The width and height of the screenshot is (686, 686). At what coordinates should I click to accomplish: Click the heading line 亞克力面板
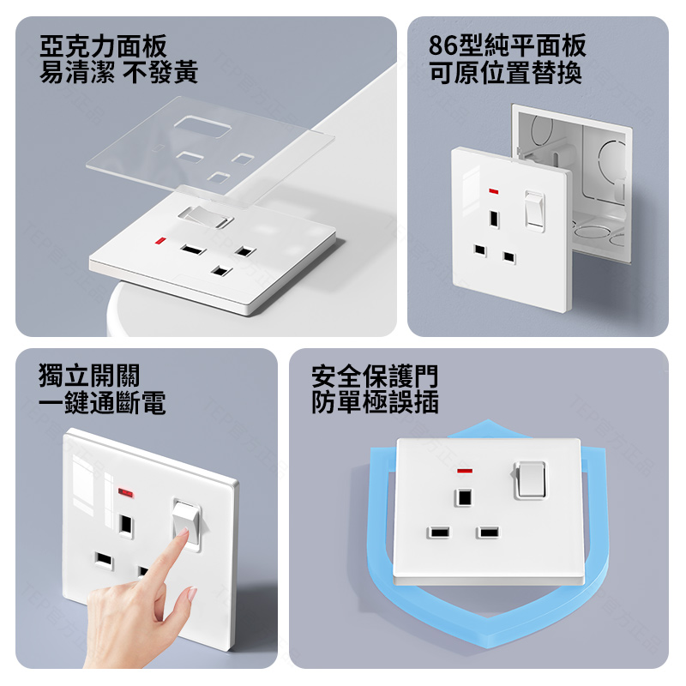103,46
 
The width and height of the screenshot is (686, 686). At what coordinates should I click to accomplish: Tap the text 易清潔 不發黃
118,72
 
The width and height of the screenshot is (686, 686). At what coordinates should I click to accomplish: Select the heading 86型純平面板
507,45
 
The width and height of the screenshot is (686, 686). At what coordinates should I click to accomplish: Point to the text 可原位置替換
505,73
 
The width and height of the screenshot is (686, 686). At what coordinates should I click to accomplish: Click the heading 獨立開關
89,376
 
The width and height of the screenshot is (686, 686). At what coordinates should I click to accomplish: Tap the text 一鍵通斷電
102,402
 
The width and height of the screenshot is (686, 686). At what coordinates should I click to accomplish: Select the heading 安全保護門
375,376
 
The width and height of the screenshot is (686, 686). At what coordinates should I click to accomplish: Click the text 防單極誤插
375,402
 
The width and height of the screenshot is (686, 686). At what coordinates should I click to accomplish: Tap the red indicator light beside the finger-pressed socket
125,493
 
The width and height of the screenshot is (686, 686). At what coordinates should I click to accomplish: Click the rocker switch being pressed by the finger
187,525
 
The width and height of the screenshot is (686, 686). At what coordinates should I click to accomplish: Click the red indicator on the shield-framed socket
465,471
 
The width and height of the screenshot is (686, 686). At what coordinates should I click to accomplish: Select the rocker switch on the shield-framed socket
530,480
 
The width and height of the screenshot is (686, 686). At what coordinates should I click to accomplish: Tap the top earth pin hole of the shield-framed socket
464,497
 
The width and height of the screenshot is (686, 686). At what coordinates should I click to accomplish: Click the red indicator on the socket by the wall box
494,191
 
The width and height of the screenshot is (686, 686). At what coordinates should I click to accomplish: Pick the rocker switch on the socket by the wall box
534,211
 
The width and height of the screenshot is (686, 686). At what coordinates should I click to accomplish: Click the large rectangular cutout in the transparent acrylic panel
202,128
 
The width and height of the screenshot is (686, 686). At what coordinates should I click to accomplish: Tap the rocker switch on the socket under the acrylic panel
206,217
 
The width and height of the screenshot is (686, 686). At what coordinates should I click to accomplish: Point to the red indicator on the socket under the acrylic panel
160,241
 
